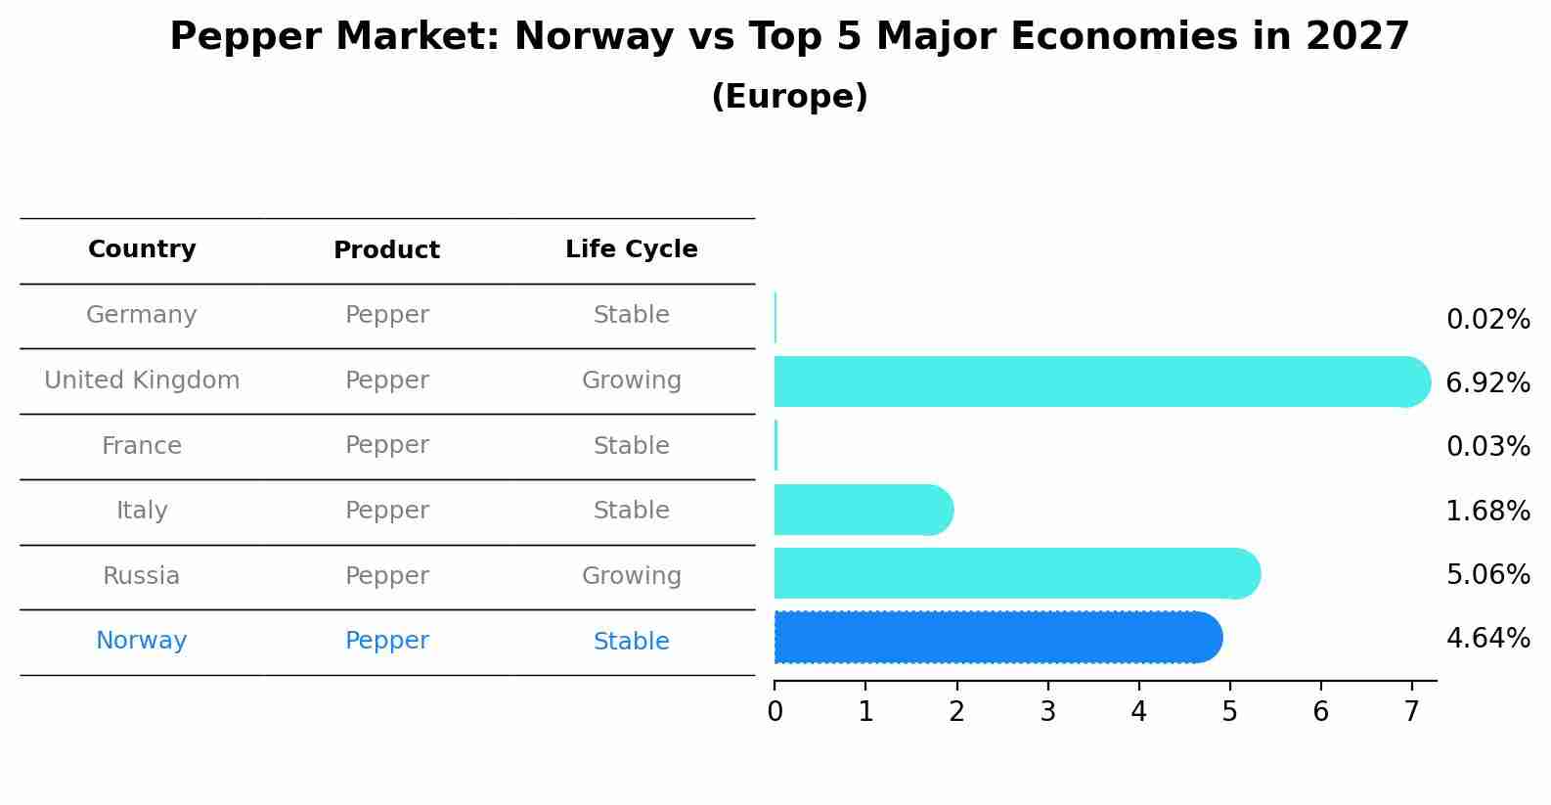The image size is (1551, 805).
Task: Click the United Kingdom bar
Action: [1102, 381]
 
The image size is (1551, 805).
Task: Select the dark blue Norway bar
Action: [998, 638]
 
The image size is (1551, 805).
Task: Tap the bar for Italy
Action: [864, 510]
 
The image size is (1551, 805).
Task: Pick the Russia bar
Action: [1018, 573]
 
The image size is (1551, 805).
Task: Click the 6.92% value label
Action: [1488, 383]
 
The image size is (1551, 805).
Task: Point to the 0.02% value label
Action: [1488, 320]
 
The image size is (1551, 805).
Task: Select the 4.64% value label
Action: [1488, 638]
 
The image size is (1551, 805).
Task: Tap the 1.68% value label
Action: [1488, 512]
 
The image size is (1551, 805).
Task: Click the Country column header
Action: [142, 248]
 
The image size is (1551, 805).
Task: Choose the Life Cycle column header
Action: [632, 248]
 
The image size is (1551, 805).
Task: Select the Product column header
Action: [386, 249]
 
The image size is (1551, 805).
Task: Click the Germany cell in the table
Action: [141, 315]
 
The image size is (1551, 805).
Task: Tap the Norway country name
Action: [141, 641]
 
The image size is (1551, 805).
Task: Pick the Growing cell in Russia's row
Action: [632, 576]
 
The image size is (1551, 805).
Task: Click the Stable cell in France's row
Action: [632, 445]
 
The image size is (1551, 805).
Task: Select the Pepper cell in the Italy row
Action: [387, 511]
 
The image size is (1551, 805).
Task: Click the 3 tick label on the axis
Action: [1047, 711]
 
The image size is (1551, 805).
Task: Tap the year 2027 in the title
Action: [1357, 36]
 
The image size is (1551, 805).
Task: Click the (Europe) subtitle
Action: [789, 96]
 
